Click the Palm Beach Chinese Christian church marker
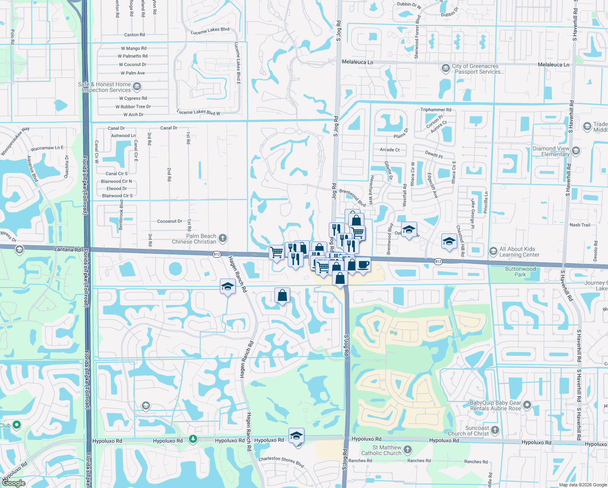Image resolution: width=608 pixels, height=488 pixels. pos(222,238)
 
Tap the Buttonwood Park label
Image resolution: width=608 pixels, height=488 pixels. pos(520,272)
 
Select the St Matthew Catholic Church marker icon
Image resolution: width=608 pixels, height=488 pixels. pos(408,450)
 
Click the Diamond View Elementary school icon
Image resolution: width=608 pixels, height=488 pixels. pos(575,151)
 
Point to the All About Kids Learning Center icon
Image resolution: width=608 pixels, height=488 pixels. pos(493,251)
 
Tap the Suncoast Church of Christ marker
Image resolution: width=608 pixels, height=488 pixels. pos(495,430)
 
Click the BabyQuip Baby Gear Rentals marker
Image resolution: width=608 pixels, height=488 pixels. pos(527,405)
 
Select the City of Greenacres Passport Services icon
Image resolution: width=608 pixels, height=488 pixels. pos(445,68)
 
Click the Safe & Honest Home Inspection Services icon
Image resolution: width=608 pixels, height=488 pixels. pos(137,86)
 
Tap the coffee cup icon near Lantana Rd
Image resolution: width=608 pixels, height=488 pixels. pos(363,265)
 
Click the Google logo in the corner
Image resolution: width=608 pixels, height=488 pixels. pos(13,483)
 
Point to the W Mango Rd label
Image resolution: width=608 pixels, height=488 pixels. pos(133,48)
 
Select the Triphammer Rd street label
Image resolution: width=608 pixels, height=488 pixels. pos(436,110)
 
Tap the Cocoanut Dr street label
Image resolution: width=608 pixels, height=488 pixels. pos(169,221)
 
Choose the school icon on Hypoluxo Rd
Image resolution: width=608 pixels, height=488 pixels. pos(296,436)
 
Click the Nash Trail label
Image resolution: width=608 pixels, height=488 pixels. pos(580,225)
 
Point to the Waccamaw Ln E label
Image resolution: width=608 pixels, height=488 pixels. pos(47,148)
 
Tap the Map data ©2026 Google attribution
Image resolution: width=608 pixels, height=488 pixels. pos(583,485)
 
